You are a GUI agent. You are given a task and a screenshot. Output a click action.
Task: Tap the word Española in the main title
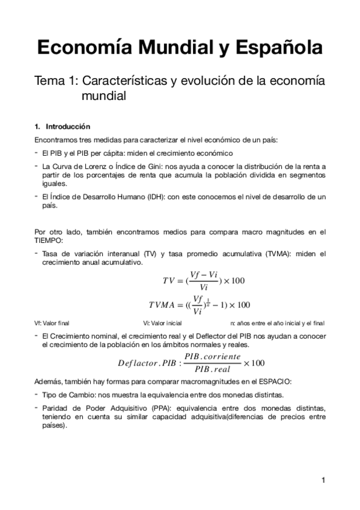coord(276,48)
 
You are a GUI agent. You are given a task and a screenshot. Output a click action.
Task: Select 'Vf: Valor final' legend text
coord(52,323)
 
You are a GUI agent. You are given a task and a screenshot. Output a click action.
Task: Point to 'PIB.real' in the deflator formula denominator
coord(213,369)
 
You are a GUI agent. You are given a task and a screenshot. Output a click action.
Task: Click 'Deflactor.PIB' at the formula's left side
coord(146,363)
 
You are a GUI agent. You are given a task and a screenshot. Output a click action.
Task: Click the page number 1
coord(323,480)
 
